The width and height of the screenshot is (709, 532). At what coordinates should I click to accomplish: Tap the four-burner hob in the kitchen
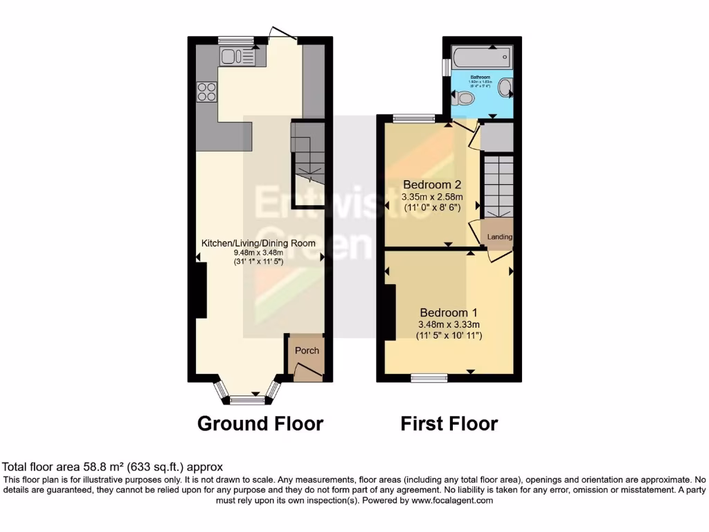click(x=206, y=91)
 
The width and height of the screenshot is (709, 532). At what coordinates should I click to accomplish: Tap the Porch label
click(x=307, y=351)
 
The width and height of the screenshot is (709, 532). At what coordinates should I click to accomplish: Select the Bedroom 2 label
click(x=432, y=185)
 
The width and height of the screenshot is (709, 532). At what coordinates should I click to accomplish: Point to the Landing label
click(x=500, y=237)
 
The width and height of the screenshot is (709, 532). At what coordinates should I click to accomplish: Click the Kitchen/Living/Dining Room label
click(x=258, y=243)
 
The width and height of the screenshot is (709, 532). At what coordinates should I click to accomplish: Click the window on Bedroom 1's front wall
click(x=429, y=378)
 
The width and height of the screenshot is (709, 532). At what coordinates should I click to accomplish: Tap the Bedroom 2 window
click(x=414, y=118)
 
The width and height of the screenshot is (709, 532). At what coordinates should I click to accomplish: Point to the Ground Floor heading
click(x=260, y=423)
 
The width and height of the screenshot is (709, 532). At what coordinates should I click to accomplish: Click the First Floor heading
click(x=449, y=423)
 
